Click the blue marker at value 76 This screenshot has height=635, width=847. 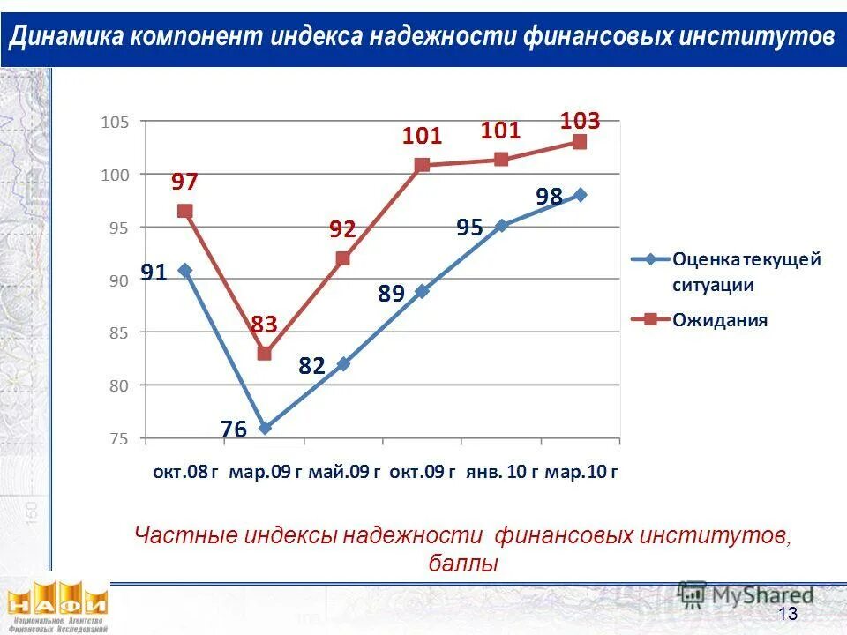coord(264,428)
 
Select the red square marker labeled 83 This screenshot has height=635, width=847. coord(264,354)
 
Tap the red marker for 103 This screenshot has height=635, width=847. coord(580,142)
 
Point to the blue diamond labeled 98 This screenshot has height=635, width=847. coord(580,195)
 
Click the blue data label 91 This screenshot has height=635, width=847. coord(154,273)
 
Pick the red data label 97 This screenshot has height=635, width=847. coord(184,182)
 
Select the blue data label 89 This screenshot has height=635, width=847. coord(391,294)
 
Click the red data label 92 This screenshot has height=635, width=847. coord(342,229)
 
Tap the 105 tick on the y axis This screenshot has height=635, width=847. coord(115,123)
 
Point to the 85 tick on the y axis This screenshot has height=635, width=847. coord(118,332)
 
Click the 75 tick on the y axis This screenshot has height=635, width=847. coord(118,438)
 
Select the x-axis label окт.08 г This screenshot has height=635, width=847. coord(185,472)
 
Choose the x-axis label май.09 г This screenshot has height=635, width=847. coord(344,472)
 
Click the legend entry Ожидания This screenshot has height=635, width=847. coord(720,319)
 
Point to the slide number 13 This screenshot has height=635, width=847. coord(788,614)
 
